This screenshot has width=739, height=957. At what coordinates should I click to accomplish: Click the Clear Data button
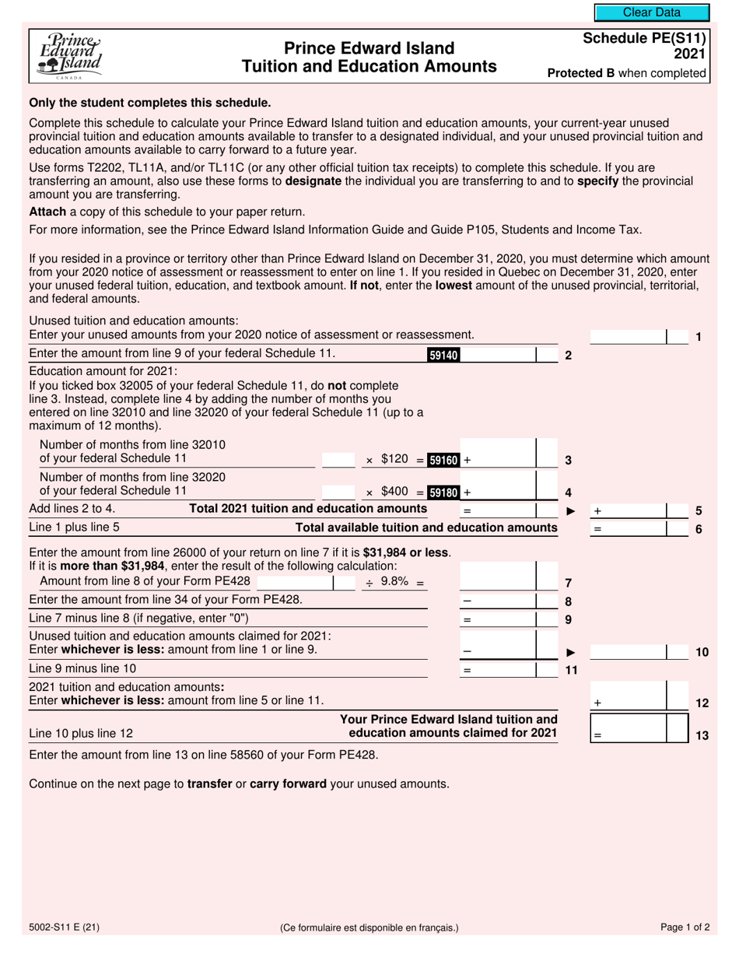tap(651, 12)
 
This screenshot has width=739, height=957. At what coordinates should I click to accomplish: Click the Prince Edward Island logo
tap(69, 55)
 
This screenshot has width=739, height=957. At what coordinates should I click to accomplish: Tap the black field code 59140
tap(443, 355)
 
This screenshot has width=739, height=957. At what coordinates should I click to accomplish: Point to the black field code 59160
tap(443, 460)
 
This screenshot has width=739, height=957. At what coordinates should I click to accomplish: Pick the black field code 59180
tap(443, 493)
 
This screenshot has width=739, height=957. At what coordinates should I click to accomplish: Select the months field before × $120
tap(338, 459)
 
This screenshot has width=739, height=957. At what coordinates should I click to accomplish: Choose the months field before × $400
tap(338, 492)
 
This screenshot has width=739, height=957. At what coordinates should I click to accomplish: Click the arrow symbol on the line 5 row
tap(570, 511)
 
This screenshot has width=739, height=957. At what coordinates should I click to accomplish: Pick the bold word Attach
tap(47, 212)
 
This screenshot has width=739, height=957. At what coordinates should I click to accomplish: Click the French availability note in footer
tap(369, 927)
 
